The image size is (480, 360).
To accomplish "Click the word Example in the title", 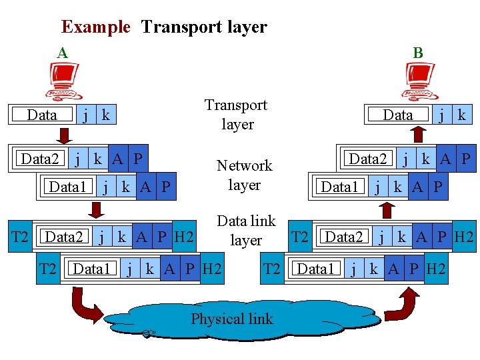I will [x=95, y=27].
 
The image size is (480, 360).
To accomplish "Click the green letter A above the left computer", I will [x=62, y=53].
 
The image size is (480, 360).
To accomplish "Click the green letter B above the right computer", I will [x=418, y=53].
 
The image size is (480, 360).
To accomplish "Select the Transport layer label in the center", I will [x=236, y=115].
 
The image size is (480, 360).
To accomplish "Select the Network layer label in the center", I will [x=244, y=175].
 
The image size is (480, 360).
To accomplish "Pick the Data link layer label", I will [x=246, y=230].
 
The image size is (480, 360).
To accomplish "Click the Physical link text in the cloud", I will [x=232, y=319].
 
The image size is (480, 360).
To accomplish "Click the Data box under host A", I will [x=42, y=115].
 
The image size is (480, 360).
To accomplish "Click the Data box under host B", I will [x=398, y=115].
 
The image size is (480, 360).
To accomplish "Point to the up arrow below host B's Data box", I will [x=418, y=135].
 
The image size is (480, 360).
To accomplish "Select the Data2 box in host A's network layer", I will [x=40, y=159].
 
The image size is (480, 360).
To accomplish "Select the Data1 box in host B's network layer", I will [x=340, y=187].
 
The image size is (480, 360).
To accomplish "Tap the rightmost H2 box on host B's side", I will [x=464, y=237].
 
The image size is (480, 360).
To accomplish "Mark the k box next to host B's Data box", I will [x=461, y=115].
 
